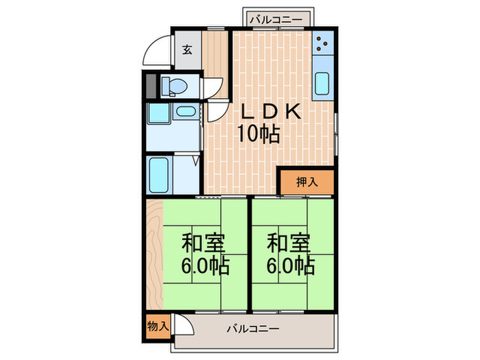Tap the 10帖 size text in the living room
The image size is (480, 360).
point(259,134)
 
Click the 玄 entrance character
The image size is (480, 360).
point(187,49)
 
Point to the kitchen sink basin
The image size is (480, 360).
point(322,84)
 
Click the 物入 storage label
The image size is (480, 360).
point(157,326)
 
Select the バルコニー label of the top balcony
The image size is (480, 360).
point(275,19)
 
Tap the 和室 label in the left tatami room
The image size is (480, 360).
point(204,243)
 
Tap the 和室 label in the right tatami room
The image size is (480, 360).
point(289,243)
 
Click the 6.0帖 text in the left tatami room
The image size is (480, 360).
point(205,265)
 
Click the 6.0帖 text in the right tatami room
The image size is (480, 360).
point(291,265)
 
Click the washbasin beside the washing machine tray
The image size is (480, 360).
point(184,112)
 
